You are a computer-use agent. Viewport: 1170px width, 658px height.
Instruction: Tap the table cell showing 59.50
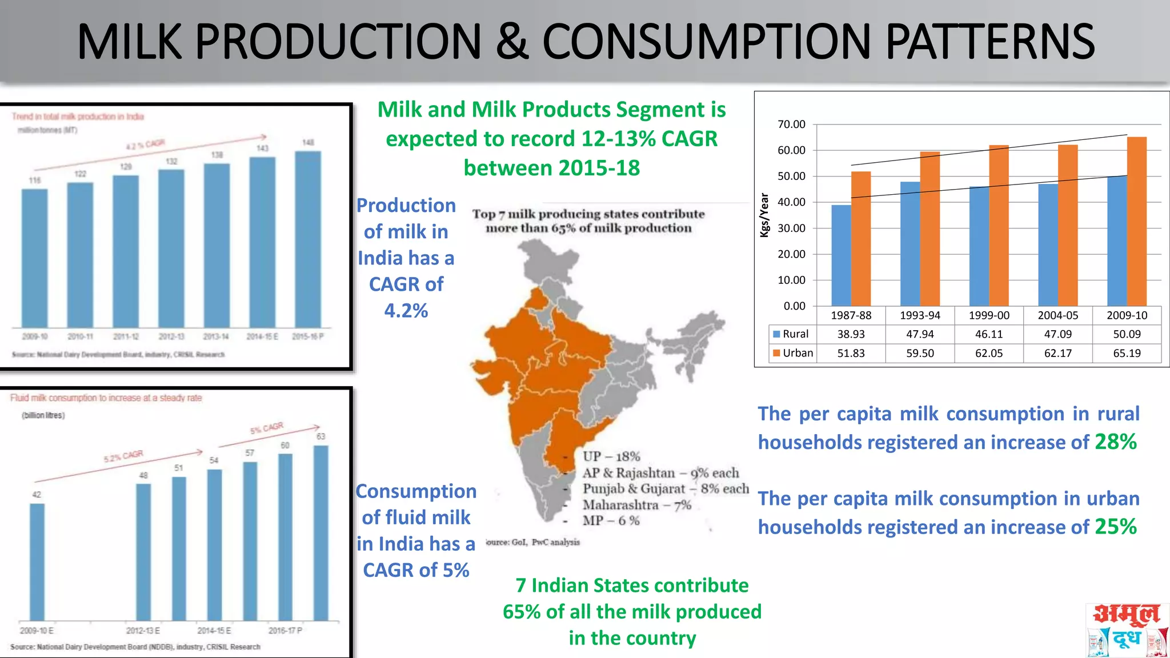click(920, 353)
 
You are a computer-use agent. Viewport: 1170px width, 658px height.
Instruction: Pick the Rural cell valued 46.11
click(989, 334)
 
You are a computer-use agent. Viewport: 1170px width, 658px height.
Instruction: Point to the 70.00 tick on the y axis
click(791, 125)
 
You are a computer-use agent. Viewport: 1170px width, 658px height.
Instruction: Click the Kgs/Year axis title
click(764, 215)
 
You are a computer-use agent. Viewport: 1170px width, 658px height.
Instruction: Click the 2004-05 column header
click(1057, 315)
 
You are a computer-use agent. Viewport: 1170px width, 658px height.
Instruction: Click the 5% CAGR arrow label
click(266, 428)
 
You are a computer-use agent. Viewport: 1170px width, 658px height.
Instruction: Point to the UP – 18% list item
click(611, 456)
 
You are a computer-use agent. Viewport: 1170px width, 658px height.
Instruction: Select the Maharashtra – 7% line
click(636, 505)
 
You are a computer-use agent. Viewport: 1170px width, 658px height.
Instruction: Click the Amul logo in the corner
click(1126, 630)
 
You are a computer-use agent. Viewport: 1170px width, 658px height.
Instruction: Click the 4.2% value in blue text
click(406, 311)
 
